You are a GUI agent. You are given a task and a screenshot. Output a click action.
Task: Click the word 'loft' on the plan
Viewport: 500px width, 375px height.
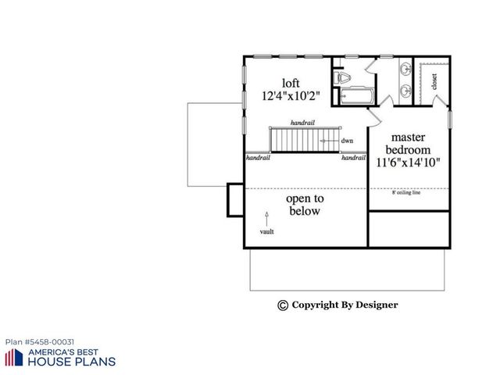click(291, 83)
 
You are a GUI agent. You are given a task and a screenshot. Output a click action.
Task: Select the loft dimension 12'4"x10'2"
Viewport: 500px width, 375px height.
click(291, 98)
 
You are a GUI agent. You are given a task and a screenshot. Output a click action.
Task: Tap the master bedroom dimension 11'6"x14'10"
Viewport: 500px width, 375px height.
click(409, 163)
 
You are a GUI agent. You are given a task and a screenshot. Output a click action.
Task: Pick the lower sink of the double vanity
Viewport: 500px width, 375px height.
click(406, 91)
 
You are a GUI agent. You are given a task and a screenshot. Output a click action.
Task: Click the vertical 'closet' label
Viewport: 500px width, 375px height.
click(434, 80)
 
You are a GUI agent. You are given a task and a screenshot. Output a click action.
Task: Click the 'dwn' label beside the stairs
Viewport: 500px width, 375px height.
click(347, 141)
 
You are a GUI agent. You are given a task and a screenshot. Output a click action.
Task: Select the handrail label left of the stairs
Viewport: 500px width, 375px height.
click(258, 157)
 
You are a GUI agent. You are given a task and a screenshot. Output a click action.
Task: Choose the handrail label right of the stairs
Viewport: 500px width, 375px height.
click(353, 157)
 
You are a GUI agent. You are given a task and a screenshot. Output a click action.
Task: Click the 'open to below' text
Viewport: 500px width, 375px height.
click(304, 205)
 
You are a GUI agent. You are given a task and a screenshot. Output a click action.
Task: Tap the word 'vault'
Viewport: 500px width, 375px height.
click(267, 232)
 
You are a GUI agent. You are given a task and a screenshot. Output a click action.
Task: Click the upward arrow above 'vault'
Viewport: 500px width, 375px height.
click(267, 216)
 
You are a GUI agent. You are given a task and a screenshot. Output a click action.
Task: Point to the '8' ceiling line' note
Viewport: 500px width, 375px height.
click(406, 192)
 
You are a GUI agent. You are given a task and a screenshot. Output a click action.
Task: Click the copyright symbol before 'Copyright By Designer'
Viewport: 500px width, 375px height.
click(283, 305)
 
